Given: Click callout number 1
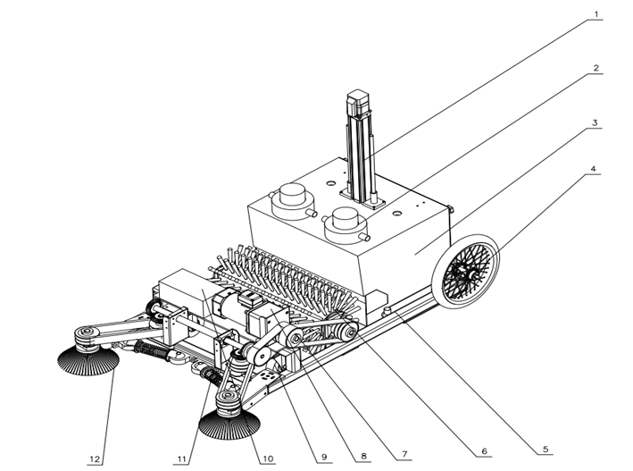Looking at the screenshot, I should click(x=597, y=13).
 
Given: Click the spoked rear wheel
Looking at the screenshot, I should click(x=465, y=271).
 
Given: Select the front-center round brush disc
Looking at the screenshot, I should click(x=228, y=416).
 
